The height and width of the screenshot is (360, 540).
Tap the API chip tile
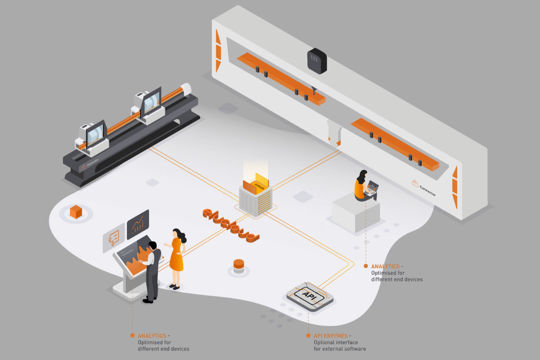(310, 296)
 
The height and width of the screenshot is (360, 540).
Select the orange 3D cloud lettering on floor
(230, 225)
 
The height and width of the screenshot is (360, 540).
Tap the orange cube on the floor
(76, 211)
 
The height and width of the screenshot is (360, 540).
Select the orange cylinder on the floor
(238, 266)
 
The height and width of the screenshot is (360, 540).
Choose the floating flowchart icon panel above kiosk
(113, 238)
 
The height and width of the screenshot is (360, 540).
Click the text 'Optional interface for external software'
(339, 346)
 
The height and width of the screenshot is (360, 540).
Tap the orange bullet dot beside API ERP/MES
(308, 336)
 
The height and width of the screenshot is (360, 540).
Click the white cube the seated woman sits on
(355, 216)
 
